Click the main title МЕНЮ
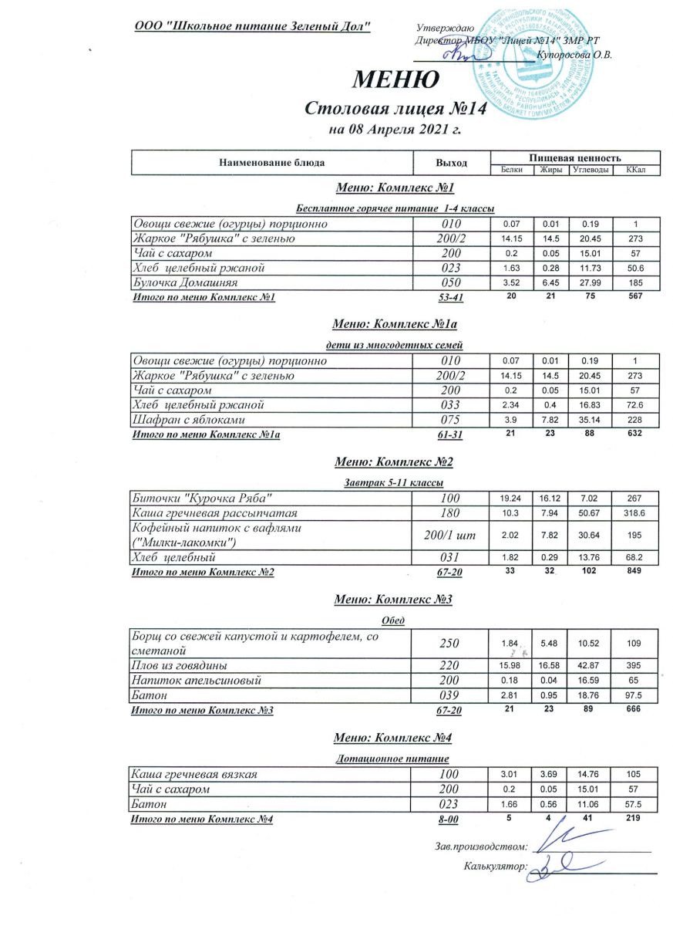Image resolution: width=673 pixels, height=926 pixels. point(396,79)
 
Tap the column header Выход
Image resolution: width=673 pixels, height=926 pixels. point(452,163)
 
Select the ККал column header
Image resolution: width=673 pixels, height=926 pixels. point(636,170)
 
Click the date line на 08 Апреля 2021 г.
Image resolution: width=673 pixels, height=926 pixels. point(395,129)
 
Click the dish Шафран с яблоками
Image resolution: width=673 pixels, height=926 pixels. point(190,419)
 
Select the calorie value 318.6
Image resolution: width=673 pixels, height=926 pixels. point(636,512)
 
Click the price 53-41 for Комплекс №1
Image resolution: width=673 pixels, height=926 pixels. point(449,298)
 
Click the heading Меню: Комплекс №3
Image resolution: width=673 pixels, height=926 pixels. point(393,599)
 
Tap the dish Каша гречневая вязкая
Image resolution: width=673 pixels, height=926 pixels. point(194,774)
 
